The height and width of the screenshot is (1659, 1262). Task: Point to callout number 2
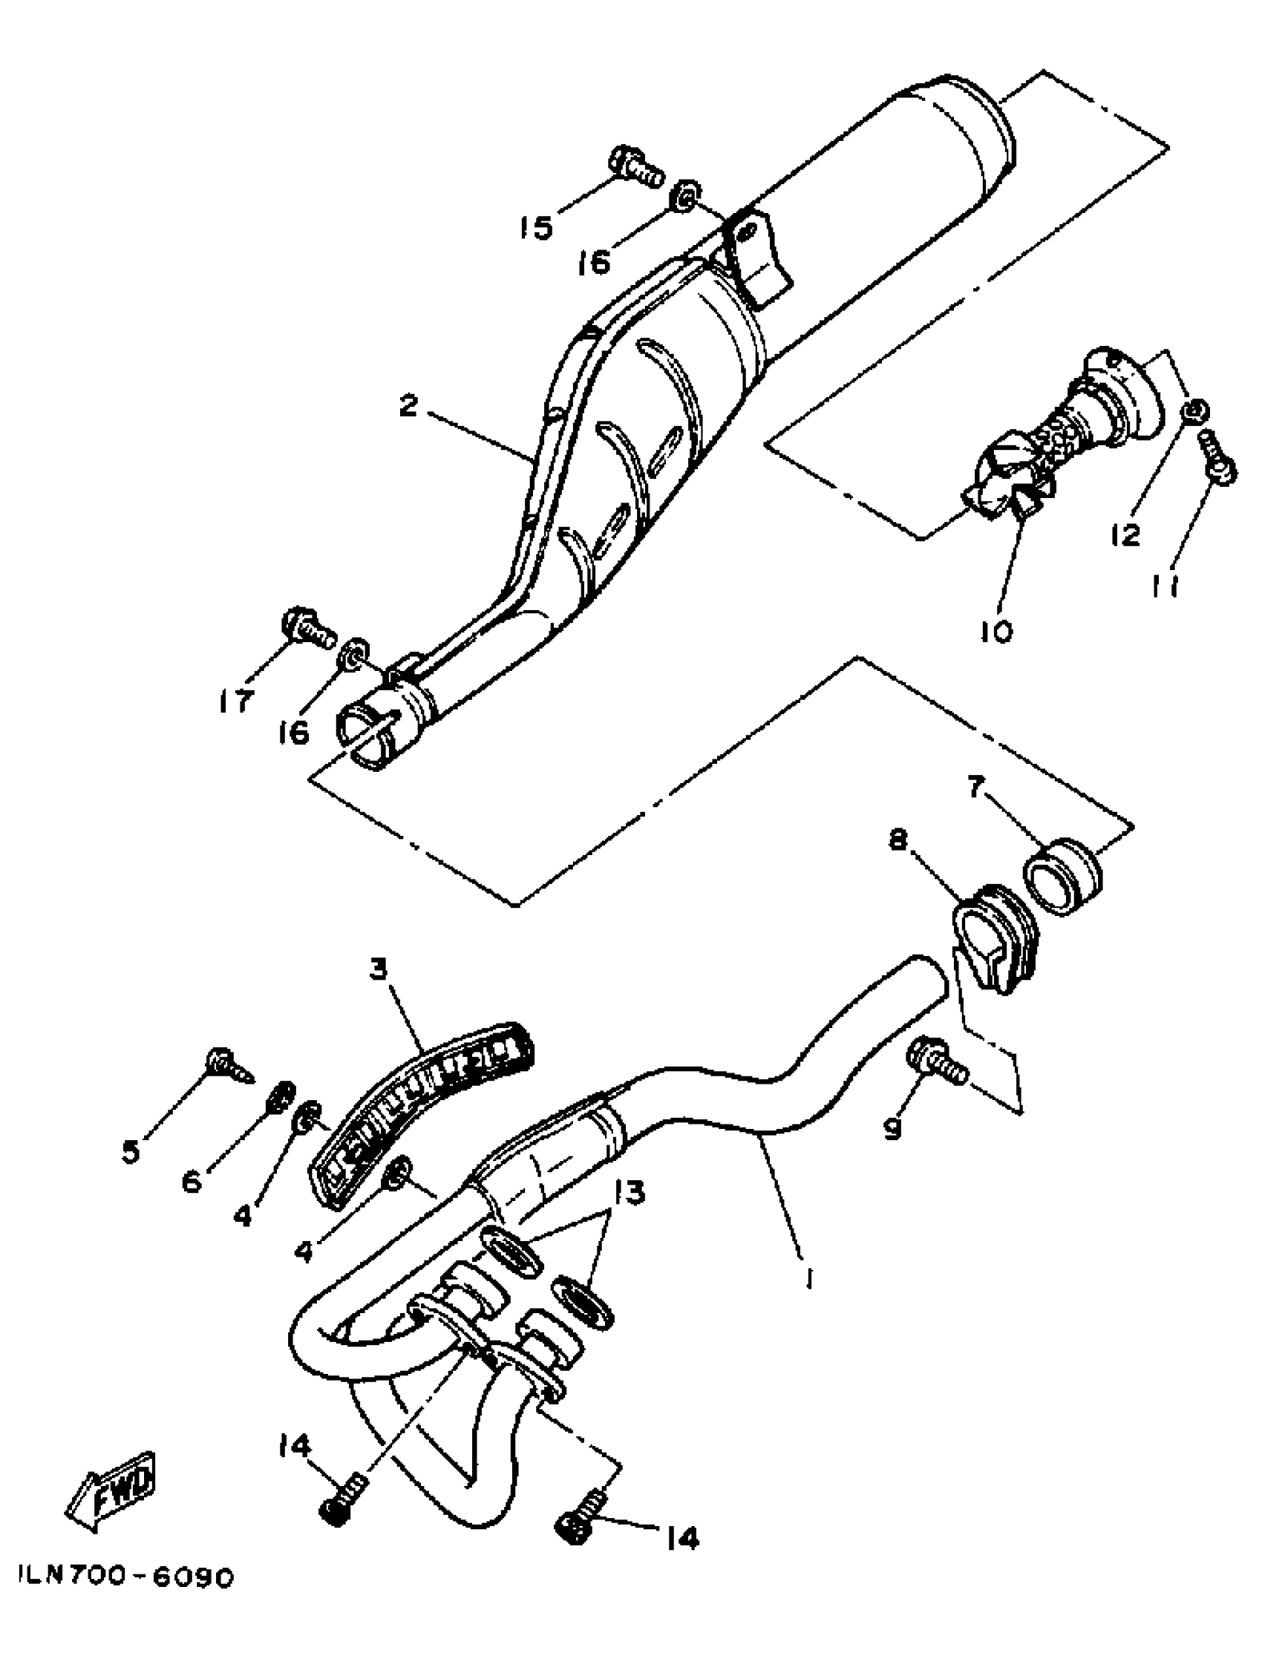408,407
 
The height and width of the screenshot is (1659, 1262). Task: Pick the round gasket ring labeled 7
1063,877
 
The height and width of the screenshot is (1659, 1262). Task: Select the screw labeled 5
228,1067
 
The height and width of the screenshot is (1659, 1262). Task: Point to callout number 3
378,969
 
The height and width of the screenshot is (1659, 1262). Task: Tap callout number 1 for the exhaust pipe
809,1276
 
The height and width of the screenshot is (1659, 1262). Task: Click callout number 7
974,788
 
